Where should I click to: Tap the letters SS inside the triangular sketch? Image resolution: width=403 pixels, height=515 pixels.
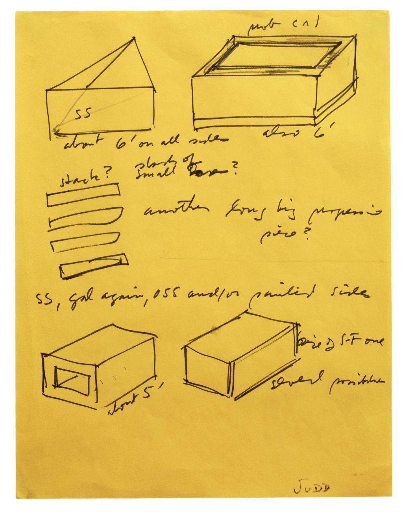click(x=83, y=114)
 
